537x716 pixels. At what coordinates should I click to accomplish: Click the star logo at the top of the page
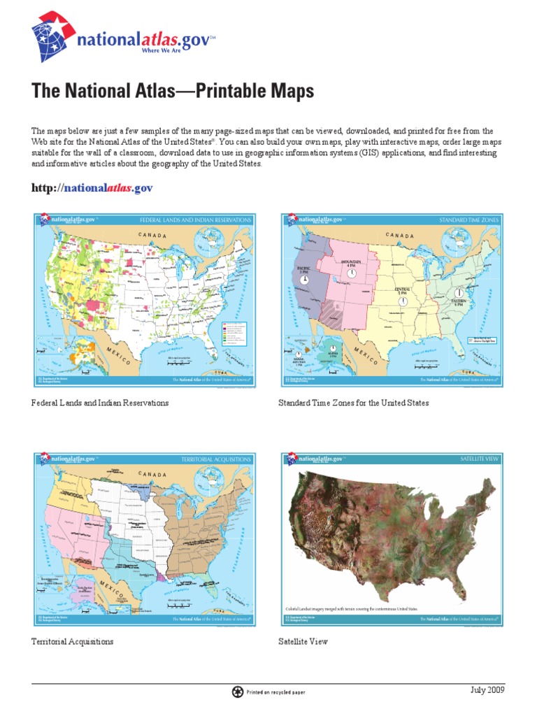50,36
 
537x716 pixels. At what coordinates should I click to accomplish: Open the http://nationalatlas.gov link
92,188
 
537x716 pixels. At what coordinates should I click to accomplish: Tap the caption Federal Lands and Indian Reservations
100,403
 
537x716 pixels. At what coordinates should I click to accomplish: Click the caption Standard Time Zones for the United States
353,403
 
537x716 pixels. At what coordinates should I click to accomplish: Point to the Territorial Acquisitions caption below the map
73,641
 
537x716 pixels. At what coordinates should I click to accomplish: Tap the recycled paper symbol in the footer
237,692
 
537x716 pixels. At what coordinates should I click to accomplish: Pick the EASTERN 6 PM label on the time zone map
458,301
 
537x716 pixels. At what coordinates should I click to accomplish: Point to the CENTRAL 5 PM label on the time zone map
402,290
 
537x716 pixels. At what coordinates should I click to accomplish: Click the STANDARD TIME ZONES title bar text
468,220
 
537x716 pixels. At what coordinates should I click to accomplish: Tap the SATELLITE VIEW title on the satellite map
479,459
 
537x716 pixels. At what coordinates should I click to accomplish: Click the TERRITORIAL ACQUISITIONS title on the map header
216,459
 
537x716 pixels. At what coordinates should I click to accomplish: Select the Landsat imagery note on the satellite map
350,609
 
